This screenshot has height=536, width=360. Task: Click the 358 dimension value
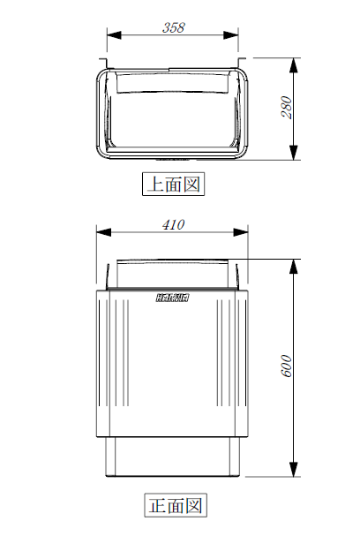pyautogui.click(x=174, y=27)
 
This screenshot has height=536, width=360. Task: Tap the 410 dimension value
pyautogui.click(x=173, y=224)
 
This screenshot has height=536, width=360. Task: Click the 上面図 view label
pyautogui.click(x=174, y=184)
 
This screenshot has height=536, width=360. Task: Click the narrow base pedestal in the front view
pyautogui.click(x=173, y=456)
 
